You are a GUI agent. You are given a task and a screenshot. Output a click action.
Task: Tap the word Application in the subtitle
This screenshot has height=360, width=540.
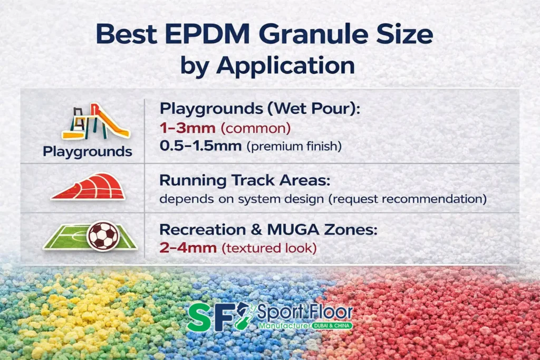285,66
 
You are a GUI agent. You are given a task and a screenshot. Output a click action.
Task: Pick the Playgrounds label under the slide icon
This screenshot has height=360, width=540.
88,152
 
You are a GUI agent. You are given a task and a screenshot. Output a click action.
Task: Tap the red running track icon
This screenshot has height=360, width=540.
89,187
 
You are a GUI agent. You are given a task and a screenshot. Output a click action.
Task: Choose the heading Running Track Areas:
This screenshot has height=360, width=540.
245,180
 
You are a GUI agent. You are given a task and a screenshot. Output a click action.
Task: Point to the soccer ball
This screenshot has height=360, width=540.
103,236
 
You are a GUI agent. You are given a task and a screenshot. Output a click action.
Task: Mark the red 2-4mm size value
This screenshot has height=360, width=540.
188,248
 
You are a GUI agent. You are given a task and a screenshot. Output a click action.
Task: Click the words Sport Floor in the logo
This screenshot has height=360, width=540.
305,312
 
